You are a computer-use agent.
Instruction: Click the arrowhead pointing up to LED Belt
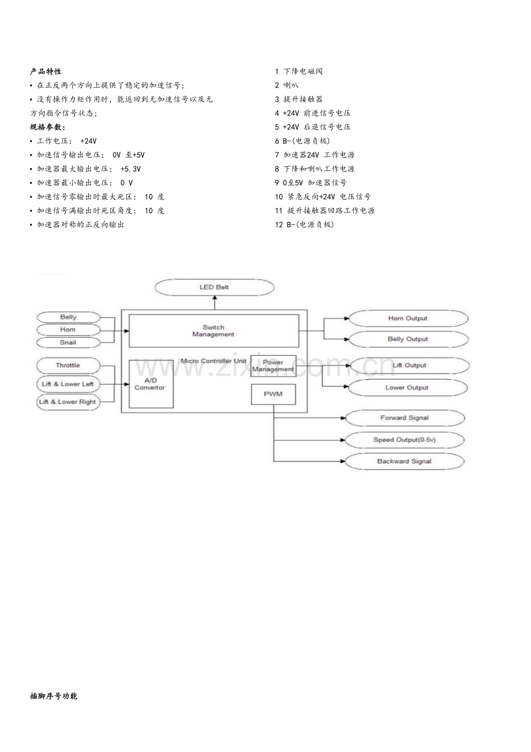point(215,297)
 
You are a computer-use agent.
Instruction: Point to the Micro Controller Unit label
point(214,361)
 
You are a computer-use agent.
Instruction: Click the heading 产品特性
point(46,72)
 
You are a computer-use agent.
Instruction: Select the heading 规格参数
point(48,127)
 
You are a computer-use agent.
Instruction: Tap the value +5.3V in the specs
point(130,169)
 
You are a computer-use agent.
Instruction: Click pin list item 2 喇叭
point(286,85)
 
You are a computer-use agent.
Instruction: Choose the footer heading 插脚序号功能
point(54,696)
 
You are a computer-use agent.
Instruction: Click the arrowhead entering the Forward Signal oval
point(343,418)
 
